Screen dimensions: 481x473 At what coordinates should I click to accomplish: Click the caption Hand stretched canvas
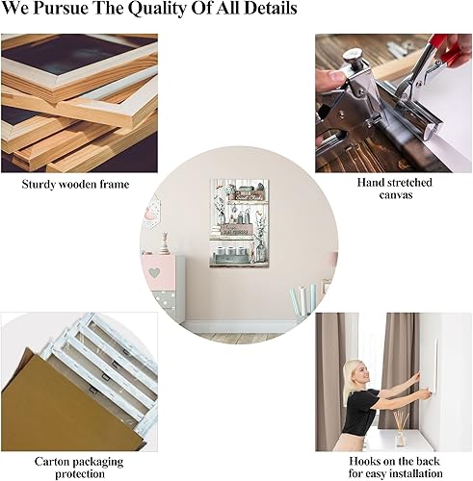[x=394, y=188]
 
